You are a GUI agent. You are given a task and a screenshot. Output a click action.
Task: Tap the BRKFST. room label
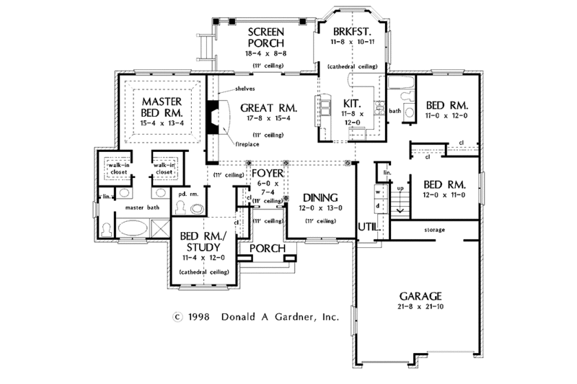[351, 32]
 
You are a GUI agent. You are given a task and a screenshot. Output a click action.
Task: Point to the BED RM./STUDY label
[203, 243]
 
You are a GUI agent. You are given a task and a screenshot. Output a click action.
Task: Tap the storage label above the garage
[433, 230]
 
